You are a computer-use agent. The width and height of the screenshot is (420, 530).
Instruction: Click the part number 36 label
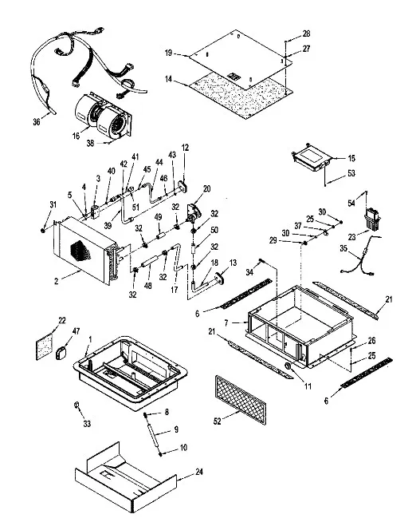point(37,121)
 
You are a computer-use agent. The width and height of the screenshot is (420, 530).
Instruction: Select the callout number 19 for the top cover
point(168,53)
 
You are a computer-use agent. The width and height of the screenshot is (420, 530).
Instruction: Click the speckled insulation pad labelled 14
point(241,96)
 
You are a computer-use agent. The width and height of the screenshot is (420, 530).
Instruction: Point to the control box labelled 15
point(312,157)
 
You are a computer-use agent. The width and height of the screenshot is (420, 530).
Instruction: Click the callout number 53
point(351,173)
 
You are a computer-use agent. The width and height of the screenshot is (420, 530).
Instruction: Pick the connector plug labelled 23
point(372,220)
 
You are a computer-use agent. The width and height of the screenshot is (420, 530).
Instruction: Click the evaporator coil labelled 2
point(87,250)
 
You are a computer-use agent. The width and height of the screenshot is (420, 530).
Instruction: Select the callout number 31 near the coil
point(53,205)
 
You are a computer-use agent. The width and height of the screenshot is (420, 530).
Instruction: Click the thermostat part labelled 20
point(194,213)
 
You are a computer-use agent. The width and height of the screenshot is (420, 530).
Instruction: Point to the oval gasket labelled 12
point(184,186)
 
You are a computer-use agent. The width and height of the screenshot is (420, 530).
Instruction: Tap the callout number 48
point(148,286)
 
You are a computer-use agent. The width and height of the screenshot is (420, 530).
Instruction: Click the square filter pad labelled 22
point(45,346)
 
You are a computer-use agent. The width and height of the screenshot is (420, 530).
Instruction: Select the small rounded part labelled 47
point(62,353)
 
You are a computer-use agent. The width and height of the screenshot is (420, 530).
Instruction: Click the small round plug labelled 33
point(77,405)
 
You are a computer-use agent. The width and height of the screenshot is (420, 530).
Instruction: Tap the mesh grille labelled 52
point(241,400)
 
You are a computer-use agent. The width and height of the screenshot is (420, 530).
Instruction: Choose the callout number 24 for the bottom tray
point(199,472)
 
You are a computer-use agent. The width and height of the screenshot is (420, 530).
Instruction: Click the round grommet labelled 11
point(289,366)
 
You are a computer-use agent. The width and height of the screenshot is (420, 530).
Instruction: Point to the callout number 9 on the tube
point(176,429)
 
